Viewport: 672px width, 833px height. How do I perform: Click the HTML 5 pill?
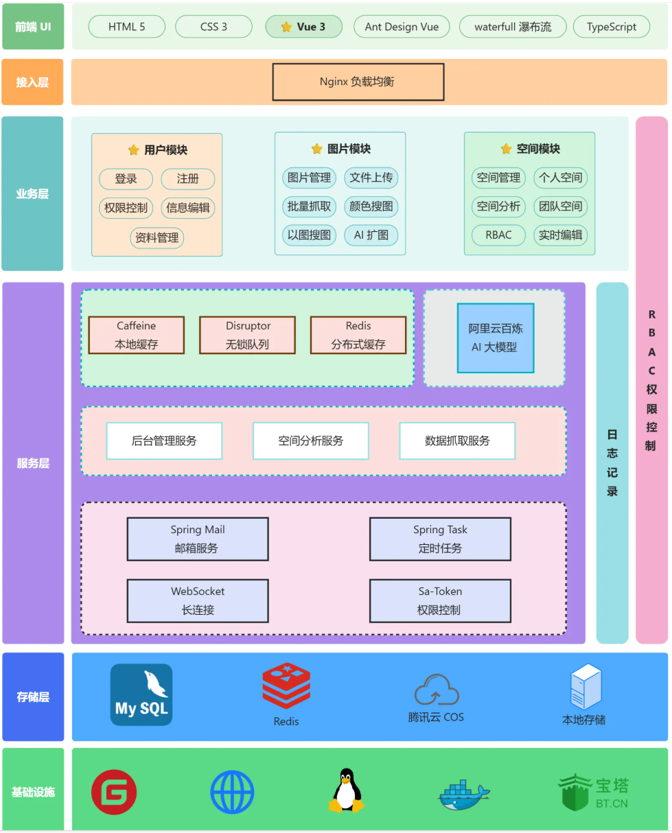pos(127,27)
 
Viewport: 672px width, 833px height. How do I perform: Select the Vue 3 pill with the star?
pos(304,27)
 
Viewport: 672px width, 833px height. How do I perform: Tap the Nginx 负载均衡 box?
pos(358,82)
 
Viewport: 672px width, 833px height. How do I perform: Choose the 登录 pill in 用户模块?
pos(126,179)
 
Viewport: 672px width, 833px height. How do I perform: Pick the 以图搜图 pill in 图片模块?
pos(309,235)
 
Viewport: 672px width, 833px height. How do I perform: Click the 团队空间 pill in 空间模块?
pos(560,206)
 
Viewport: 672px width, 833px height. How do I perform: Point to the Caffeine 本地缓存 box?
pos(137,335)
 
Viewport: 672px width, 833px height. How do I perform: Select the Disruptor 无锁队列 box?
pos(248,335)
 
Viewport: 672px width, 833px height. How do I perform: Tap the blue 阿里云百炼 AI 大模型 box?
pos(496,338)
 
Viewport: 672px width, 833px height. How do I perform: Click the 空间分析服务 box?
pos(311,441)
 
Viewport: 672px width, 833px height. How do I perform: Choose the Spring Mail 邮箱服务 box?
pos(198,539)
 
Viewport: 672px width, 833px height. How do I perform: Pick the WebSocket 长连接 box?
pos(198,600)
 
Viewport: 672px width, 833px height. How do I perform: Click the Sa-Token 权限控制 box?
pos(440,600)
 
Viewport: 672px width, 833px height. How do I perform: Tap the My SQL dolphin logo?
pos(141,694)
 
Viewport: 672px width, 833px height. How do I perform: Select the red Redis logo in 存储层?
pos(286,686)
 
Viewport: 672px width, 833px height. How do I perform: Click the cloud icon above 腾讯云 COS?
pos(437,690)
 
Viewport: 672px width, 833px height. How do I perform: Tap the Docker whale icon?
pos(464,795)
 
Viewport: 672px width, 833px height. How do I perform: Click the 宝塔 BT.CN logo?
pos(593,792)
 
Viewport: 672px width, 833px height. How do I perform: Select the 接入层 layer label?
pos(33,82)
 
